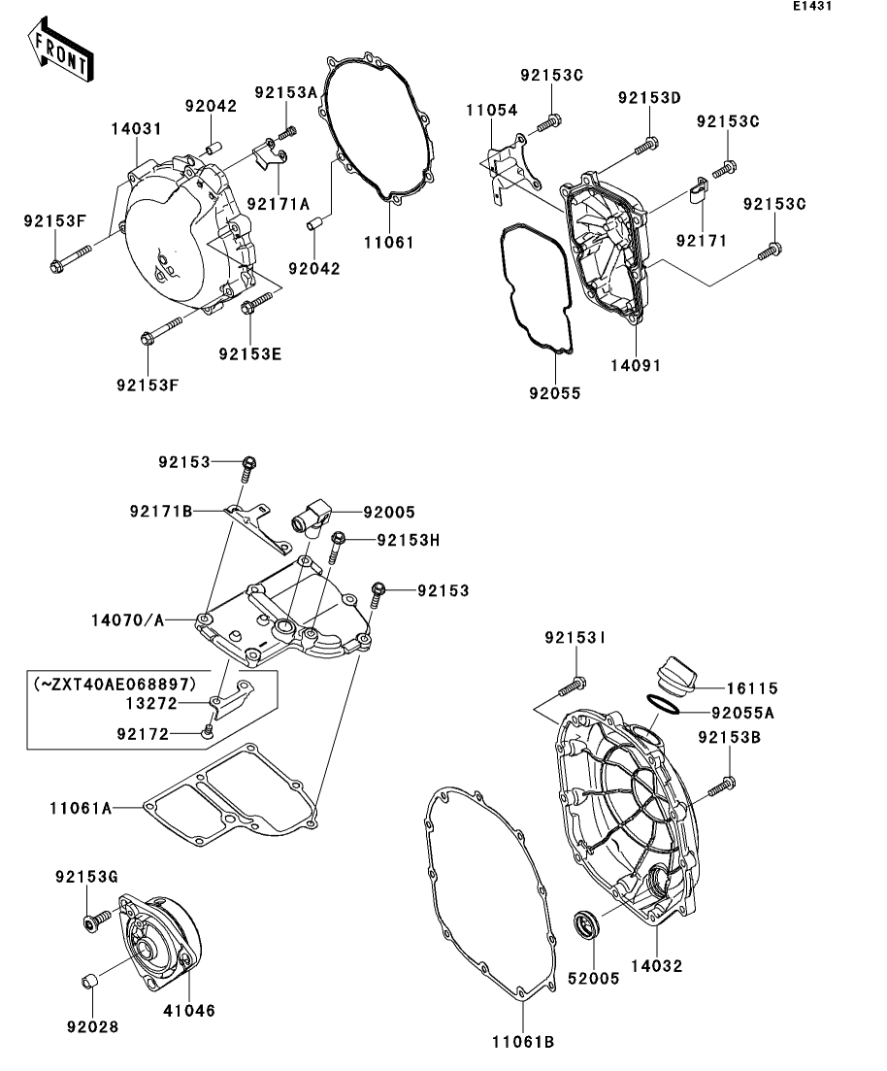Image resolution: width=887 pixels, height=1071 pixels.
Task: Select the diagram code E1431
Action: pyautogui.click(x=812, y=6)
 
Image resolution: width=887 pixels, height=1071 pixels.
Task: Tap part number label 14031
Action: pyautogui.click(x=137, y=128)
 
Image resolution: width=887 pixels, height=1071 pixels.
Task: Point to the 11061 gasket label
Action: pyautogui.click(x=389, y=242)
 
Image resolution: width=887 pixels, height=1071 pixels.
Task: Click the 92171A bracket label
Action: pyautogui.click(x=278, y=204)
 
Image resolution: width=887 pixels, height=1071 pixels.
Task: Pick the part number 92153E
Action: pyautogui.click(x=250, y=353)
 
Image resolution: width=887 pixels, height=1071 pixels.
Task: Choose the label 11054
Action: pyautogui.click(x=492, y=110)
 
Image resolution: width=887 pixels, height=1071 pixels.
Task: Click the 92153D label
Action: pyautogui.click(x=649, y=98)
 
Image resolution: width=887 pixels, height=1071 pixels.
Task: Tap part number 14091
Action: pyautogui.click(x=636, y=365)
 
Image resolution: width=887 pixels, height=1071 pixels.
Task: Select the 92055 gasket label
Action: pyautogui.click(x=555, y=393)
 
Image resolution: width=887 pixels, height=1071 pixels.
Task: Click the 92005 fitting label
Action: pyautogui.click(x=389, y=513)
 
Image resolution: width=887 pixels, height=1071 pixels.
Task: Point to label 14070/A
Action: pyautogui.click(x=128, y=620)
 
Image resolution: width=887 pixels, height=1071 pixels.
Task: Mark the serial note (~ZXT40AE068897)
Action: pyautogui.click(x=115, y=684)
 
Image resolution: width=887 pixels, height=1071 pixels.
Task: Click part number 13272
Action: pyautogui.click(x=151, y=704)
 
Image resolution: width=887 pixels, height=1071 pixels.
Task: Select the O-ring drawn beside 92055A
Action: pyautogui.click(x=663, y=704)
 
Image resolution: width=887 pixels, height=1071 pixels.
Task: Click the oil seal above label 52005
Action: pyautogui.click(x=586, y=924)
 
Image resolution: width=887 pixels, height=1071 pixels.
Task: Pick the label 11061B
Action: pyautogui.click(x=523, y=1042)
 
